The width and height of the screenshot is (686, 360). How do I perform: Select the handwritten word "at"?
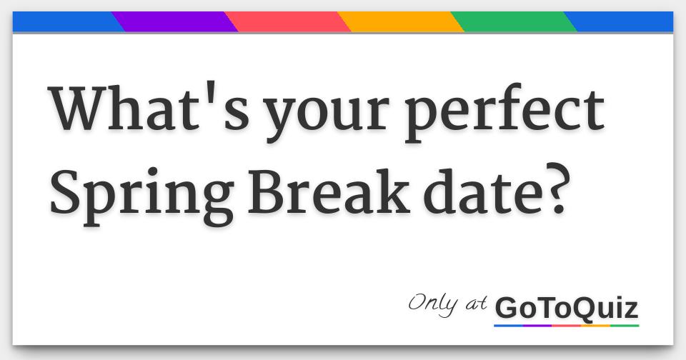coord(477,304)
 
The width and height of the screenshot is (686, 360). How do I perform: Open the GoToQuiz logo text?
coord(566,309)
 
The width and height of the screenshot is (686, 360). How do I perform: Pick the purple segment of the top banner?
coord(174,22)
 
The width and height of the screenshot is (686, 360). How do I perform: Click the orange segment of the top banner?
coord(401,22)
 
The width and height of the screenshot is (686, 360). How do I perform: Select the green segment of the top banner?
coord(514,22)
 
